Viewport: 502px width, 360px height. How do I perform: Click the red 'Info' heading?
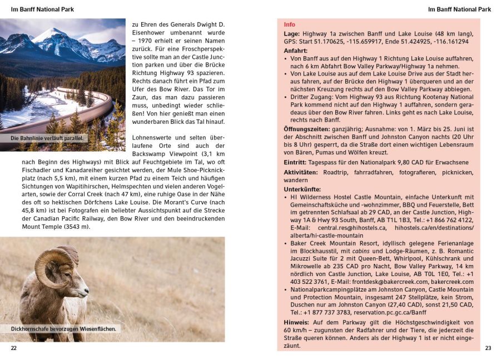[289, 25]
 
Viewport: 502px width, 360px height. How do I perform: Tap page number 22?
[14, 348]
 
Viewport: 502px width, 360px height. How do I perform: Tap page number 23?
[488, 348]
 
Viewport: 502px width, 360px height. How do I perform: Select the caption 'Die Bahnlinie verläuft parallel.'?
[47, 138]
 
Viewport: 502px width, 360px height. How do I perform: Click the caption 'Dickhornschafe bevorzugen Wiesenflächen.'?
[63, 329]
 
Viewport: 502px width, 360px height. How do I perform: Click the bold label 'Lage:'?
[292, 33]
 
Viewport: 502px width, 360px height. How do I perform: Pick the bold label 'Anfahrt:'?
[296, 50]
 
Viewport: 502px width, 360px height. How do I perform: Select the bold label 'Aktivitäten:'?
[301, 172]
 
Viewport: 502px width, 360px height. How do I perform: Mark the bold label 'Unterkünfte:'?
[302, 189]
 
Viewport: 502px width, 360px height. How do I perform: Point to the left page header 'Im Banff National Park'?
[42, 9]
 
